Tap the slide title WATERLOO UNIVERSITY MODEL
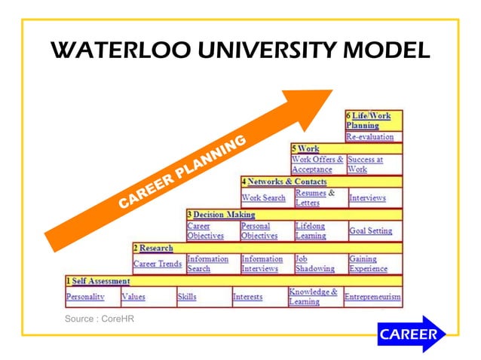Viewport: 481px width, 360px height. tap(240, 52)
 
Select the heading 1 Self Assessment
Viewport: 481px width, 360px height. tap(97, 281)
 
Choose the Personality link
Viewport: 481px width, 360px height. tap(84, 297)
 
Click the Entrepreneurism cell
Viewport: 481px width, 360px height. tap(372, 297)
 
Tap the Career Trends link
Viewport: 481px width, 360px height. tap(157, 264)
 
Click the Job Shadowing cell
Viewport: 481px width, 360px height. tap(310, 264)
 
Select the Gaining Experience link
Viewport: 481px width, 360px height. tap(368, 264)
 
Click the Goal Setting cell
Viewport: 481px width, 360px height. tap(370, 230)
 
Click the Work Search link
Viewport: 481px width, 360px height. tap(263, 198)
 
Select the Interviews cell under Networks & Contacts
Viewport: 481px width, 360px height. tap(367, 198)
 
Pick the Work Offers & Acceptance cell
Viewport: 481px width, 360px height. tap(317, 164)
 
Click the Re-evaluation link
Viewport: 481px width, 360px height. tap(369, 137)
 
